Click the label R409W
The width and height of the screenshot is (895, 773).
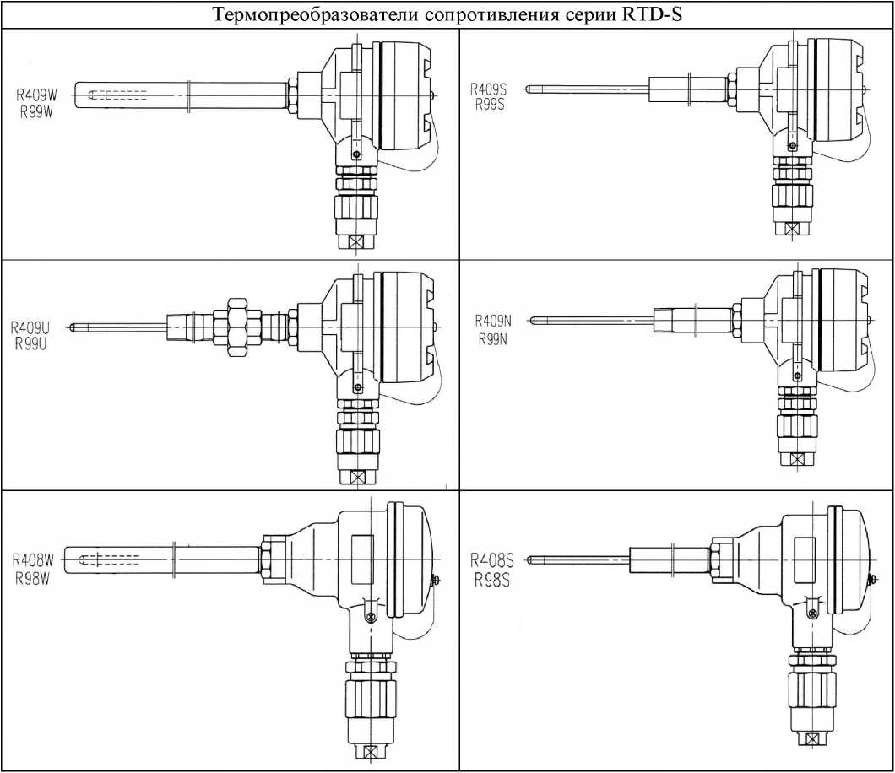click(36, 96)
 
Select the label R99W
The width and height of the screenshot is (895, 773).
click(36, 112)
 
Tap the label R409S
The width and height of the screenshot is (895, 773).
click(488, 89)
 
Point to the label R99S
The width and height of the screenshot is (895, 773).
click(490, 105)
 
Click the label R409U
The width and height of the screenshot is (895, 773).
click(30, 328)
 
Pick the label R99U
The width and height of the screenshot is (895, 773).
click(31, 344)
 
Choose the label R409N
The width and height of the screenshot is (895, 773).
click(494, 322)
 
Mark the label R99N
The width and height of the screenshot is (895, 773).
click(494, 340)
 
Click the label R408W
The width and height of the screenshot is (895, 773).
click(33, 561)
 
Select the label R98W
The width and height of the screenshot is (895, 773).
click(33, 578)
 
